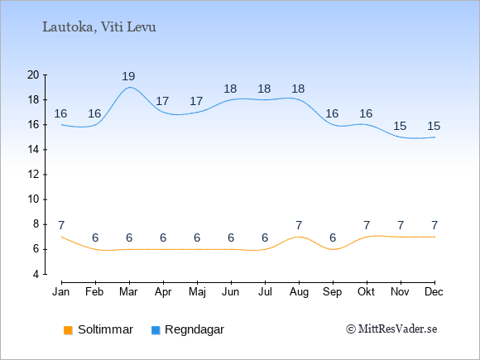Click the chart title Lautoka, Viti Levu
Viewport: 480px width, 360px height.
(x=99, y=27)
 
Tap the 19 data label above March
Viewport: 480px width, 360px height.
(x=128, y=76)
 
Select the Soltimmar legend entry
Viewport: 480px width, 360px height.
(x=98, y=329)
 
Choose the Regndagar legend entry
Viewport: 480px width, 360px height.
(x=188, y=329)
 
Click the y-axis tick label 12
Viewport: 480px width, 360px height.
(x=33, y=175)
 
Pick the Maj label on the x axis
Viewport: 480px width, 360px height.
(x=197, y=292)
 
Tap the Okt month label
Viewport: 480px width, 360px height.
(x=366, y=292)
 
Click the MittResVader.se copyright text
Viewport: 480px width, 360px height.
(x=391, y=329)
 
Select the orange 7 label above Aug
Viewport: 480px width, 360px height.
(x=299, y=226)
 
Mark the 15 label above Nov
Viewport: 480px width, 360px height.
(x=400, y=126)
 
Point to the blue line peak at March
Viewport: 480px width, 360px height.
(x=130, y=87)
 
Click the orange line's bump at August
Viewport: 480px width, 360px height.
(x=299, y=237)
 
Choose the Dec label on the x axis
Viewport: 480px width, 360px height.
(x=434, y=292)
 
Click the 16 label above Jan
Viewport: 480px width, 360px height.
(x=60, y=114)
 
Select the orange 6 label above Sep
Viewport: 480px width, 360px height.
(x=333, y=238)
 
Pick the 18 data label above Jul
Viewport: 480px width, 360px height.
(x=264, y=89)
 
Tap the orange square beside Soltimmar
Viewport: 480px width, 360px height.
(x=68, y=330)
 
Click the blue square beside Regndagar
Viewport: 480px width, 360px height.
(x=156, y=330)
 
